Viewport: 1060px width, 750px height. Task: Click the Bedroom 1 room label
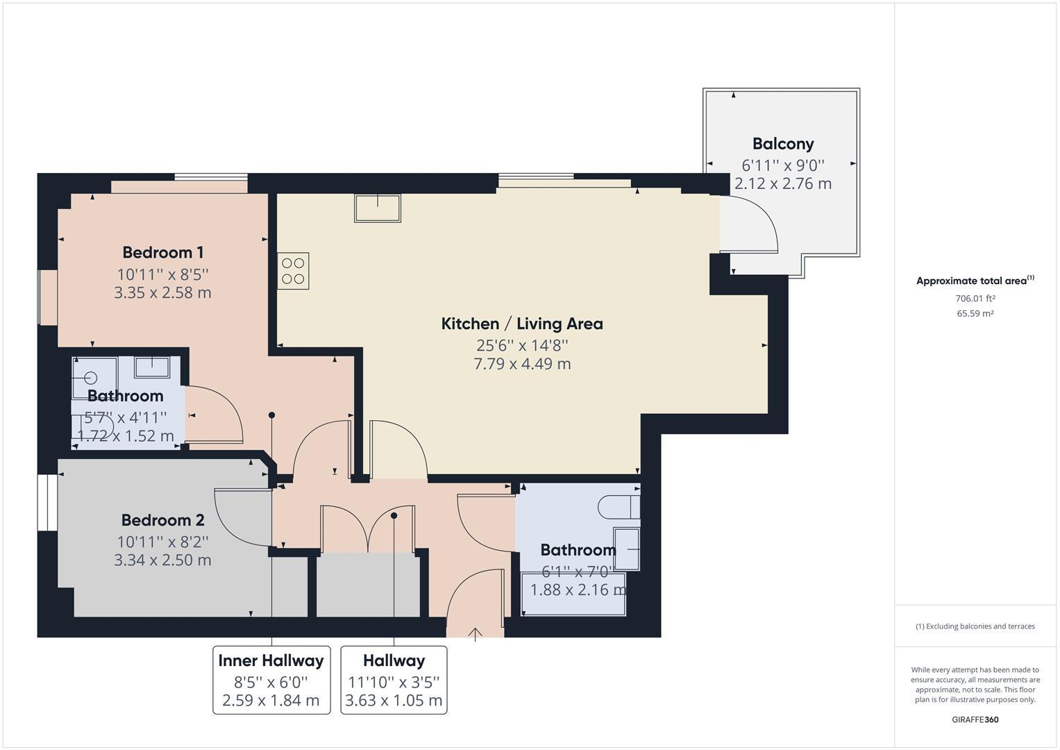click(x=163, y=252)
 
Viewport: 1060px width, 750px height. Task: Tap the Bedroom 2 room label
click(x=163, y=520)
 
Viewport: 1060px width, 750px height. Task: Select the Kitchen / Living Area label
click(x=522, y=324)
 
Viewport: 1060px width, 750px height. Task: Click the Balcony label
click(x=783, y=144)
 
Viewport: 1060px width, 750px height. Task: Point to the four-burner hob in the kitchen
click(x=294, y=271)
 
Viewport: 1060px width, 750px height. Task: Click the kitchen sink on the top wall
click(x=378, y=208)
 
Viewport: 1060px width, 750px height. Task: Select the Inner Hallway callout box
click(x=271, y=680)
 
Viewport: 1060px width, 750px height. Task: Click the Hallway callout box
click(x=394, y=680)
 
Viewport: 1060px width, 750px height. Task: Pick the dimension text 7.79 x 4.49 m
click(x=522, y=364)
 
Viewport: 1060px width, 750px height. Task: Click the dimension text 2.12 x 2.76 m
click(x=783, y=184)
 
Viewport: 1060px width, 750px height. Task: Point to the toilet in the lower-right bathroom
click(x=619, y=507)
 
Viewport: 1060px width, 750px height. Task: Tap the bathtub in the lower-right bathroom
click(x=573, y=594)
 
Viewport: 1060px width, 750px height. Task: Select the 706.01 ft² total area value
click(x=975, y=299)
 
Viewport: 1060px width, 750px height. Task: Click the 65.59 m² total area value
click(x=975, y=313)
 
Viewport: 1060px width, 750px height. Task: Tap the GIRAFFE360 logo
click(x=975, y=719)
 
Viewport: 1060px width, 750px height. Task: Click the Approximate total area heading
click(x=975, y=281)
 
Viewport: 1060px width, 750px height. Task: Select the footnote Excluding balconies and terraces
click(x=975, y=626)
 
